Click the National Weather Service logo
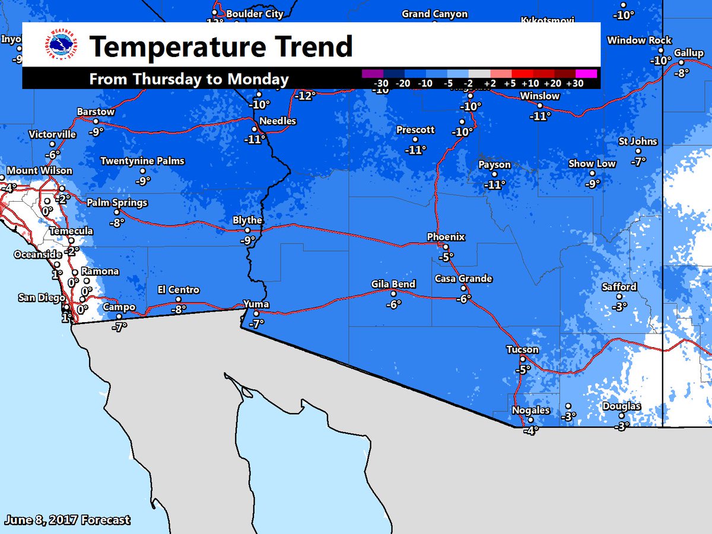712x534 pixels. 61,46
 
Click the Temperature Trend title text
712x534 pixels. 221,46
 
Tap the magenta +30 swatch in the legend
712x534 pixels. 587,74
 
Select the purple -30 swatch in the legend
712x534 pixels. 373,74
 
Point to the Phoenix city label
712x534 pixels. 446,237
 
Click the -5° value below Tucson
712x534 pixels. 523,369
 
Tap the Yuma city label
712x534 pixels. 256,304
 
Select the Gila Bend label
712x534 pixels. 393,284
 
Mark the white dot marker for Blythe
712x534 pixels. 247,230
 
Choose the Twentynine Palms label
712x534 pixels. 142,161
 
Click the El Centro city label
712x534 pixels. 178,290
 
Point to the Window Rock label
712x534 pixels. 640,40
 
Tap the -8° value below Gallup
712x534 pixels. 682,73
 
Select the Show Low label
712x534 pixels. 592,163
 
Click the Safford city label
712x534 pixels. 619,287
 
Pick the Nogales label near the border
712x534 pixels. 531,410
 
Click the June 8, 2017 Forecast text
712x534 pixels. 67,520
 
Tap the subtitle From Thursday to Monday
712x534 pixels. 189,80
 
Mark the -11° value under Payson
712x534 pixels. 494,185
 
